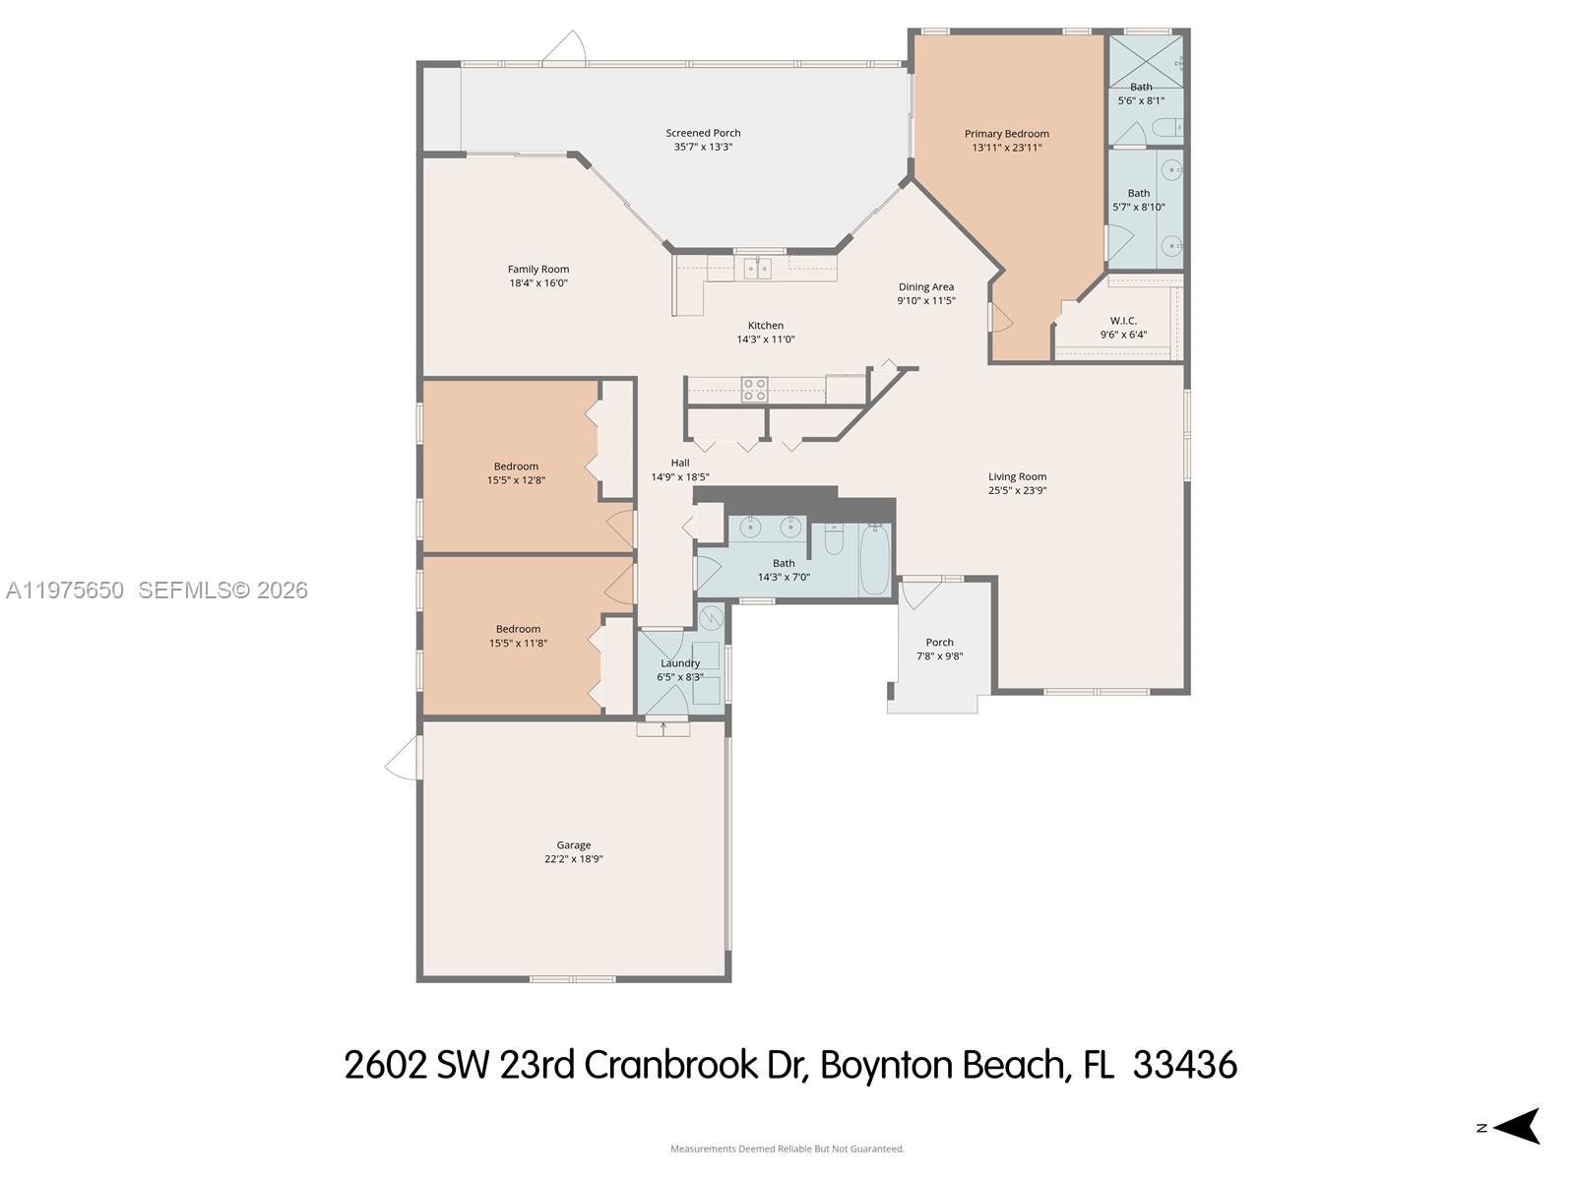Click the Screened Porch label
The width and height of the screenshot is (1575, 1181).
pos(703,133)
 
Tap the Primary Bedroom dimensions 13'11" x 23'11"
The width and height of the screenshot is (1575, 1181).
pos(1006,148)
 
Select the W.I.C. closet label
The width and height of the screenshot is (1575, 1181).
pos(1123,321)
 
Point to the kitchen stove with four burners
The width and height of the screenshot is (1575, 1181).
pos(754,390)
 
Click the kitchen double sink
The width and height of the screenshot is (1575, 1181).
pos(757,268)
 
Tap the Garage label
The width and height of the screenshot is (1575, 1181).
pos(573,844)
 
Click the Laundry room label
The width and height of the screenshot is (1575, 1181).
pos(679,663)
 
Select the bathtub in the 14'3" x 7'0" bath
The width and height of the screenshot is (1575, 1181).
pos(874,560)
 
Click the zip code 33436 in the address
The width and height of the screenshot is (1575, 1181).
pos(1184,1065)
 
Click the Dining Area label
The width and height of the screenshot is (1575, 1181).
pos(925,287)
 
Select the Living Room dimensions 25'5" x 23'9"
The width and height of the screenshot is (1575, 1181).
pos(1017,490)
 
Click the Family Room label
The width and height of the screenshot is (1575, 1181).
pos(538,269)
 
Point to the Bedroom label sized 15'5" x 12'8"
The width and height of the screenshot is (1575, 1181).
pos(516,466)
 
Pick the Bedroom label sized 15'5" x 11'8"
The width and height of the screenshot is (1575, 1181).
pos(518,629)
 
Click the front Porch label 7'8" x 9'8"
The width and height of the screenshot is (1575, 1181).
pos(939,643)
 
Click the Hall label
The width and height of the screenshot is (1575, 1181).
pos(680,463)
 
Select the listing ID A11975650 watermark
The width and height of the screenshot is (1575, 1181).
pos(65,590)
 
